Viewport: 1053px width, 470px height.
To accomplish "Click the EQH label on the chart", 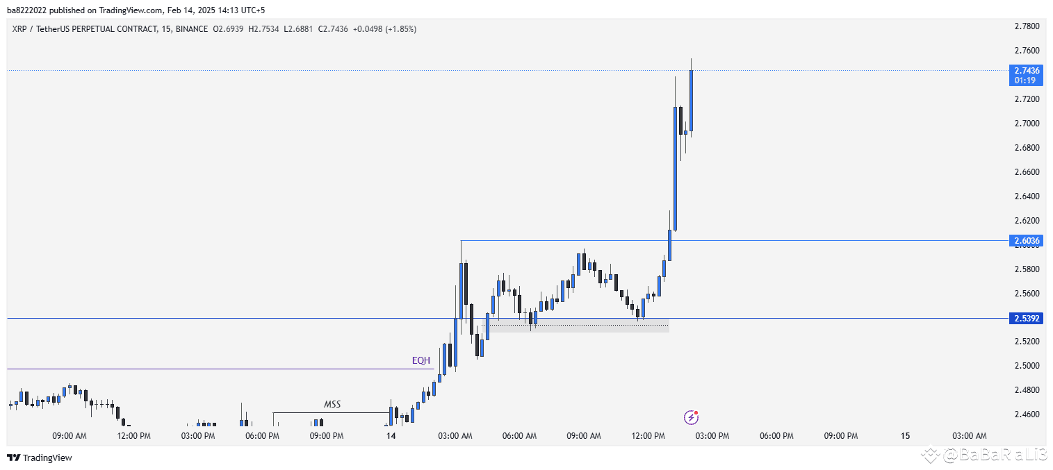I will tap(421, 360).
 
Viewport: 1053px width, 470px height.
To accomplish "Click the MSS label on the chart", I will tap(332, 404).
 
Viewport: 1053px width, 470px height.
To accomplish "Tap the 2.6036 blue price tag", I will tap(1027, 241).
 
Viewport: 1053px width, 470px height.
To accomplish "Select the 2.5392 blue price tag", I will tap(1027, 319).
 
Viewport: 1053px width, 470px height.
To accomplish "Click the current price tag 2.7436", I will tap(1027, 71).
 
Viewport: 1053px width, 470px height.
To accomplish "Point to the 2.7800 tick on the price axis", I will tap(1027, 26).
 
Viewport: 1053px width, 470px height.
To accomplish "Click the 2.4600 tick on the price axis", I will tap(1027, 414).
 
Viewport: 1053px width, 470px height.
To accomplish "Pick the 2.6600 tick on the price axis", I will tap(1027, 172).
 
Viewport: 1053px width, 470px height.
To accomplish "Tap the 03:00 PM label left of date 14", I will tap(198, 436).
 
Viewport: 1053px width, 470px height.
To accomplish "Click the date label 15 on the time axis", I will tap(905, 436).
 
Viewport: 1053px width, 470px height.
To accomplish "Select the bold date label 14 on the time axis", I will tap(391, 436).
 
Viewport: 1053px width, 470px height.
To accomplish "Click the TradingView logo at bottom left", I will tap(40, 458).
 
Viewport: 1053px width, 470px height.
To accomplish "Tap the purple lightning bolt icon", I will tap(691, 417).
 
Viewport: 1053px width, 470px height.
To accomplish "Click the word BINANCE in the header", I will tap(191, 29).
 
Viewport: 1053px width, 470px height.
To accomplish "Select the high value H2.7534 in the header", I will tap(263, 29).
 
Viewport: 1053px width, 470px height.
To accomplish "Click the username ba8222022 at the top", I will tap(27, 10).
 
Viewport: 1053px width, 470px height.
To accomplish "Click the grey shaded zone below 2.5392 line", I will tap(577, 326).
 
